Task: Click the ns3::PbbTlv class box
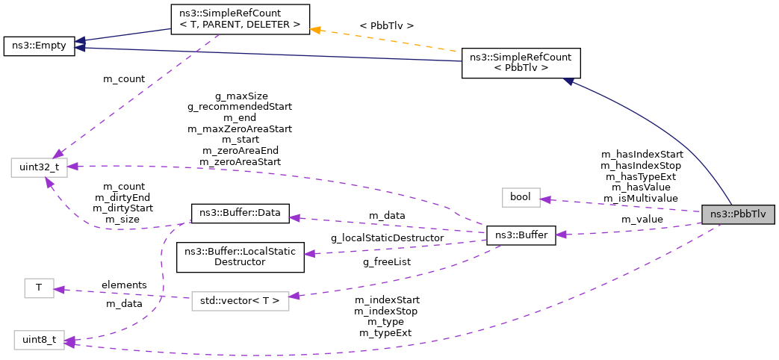[x=738, y=214]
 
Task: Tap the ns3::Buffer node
[x=521, y=236]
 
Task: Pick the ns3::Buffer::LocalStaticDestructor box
[x=240, y=256]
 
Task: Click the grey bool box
[x=519, y=197]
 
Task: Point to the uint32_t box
[x=39, y=168]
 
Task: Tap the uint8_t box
[x=38, y=341]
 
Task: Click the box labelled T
[x=39, y=288]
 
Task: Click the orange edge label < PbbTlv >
[x=386, y=25]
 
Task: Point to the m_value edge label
[x=642, y=220]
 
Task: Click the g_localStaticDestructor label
[x=387, y=238]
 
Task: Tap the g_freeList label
[x=387, y=261]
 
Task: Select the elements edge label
[x=124, y=285]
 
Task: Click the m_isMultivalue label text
[x=641, y=198]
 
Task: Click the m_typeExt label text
[x=385, y=332]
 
